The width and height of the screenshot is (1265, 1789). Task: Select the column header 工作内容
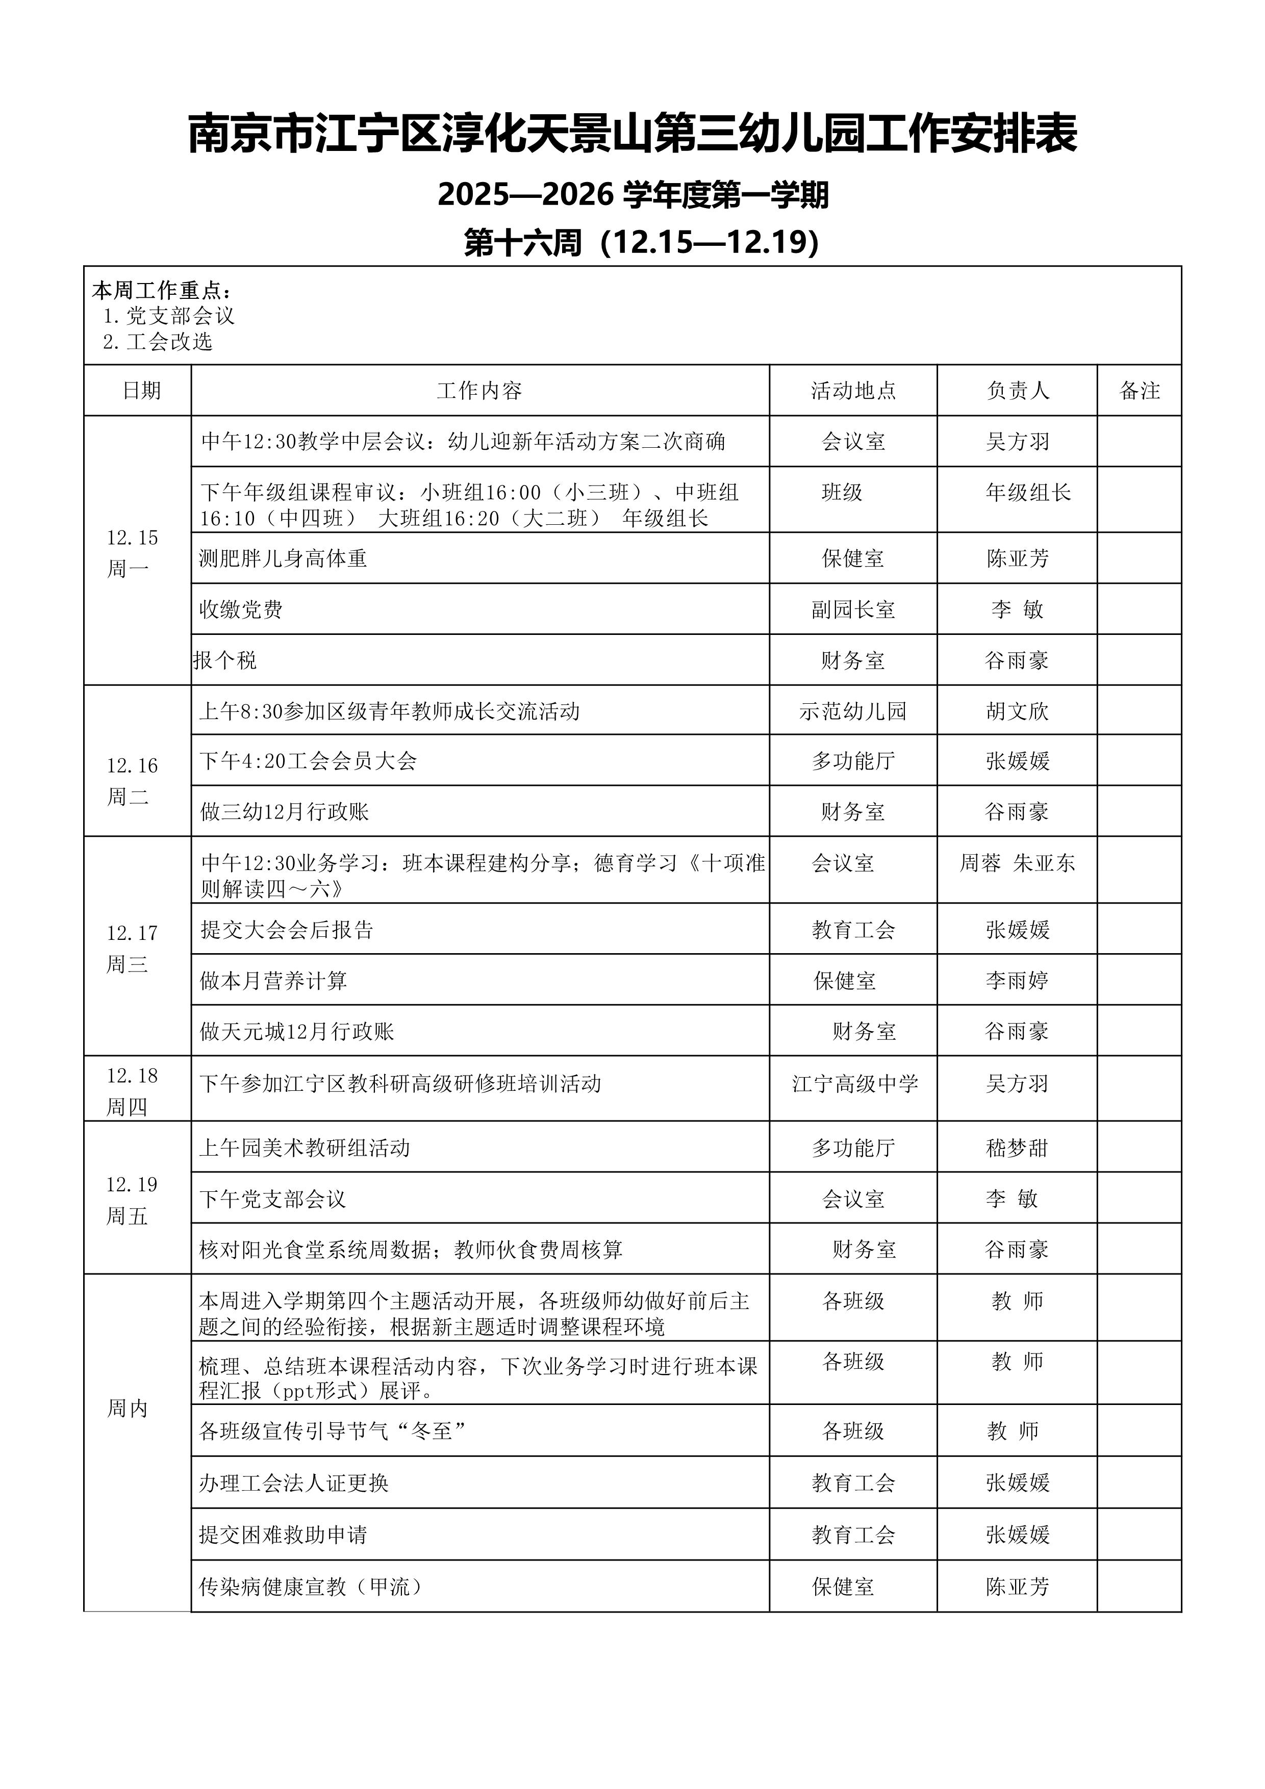tap(479, 390)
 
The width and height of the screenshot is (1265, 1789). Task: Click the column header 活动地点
tap(853, 390)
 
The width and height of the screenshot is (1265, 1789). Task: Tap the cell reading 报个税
tap(225, 660)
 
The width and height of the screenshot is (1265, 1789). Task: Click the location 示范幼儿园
tap(853, 710)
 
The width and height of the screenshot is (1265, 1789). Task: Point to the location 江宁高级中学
tap(855, 1083)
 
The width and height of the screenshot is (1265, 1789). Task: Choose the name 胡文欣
tap(1017, 710)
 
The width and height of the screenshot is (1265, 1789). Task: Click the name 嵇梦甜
tap(1017, 1147)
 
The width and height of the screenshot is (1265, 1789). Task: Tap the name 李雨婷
tap(1017, 980)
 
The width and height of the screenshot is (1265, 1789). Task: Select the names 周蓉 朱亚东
tap(1017, 862)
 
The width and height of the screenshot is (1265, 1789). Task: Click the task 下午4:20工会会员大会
tap(309, 760)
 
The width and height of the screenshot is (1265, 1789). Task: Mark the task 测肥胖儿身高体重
tap(283, 558)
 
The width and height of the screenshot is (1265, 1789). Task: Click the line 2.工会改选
tap(158, 341)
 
